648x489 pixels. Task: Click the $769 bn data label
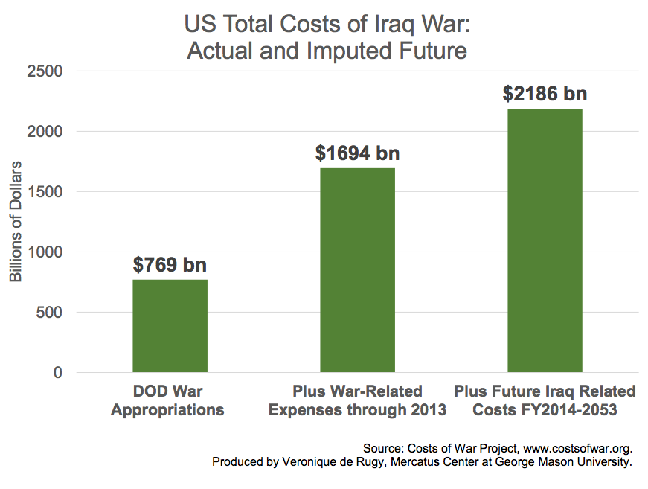170,265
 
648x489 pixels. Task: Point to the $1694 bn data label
357,153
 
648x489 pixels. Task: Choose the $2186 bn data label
545,94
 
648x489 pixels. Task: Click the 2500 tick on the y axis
47,71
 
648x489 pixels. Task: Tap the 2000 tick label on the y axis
47,132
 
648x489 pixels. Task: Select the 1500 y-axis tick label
47,192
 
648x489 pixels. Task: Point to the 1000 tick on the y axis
47,252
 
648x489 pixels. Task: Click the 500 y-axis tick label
51,313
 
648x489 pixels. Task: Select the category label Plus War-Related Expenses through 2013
357,400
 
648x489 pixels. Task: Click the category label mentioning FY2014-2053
545,400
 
